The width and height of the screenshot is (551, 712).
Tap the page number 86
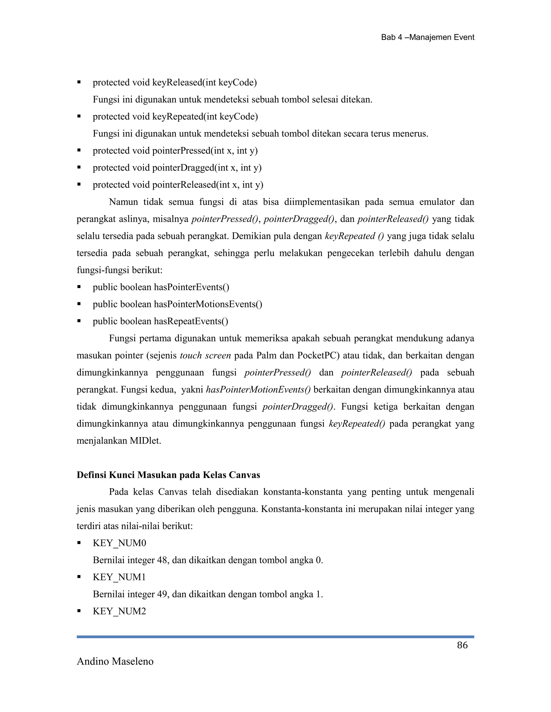[462, 645]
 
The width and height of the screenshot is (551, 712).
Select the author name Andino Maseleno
[115, 661]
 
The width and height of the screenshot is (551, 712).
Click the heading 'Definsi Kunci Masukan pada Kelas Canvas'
[168, 475]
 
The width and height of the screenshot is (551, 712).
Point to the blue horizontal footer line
[275, 637]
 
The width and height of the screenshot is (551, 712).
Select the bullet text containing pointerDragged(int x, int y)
[177, 168]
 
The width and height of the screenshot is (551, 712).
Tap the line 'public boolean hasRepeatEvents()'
[160, 321]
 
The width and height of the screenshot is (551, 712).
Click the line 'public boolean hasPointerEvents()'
[161, 287]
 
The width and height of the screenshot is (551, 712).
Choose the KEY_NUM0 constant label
[119, 543]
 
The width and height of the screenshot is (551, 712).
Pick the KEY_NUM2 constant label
[119, 611]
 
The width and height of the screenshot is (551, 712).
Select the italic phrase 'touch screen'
[205, 355]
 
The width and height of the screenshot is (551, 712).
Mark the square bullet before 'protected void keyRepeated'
[79, 116]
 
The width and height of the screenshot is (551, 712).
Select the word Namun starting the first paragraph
[124, 202]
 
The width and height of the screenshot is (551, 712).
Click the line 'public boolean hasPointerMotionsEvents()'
[177, 304]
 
